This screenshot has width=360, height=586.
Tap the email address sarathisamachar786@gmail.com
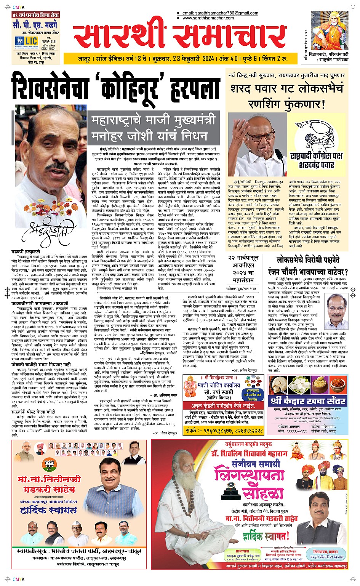[221, 13]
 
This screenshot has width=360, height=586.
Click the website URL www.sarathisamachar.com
[208, 18]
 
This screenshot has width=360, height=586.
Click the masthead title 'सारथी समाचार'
[179, 37]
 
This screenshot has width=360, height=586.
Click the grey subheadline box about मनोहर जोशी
[154, 127]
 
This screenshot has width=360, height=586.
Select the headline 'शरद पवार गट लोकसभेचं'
[286, 89]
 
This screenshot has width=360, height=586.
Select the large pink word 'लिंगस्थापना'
[250, 475]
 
